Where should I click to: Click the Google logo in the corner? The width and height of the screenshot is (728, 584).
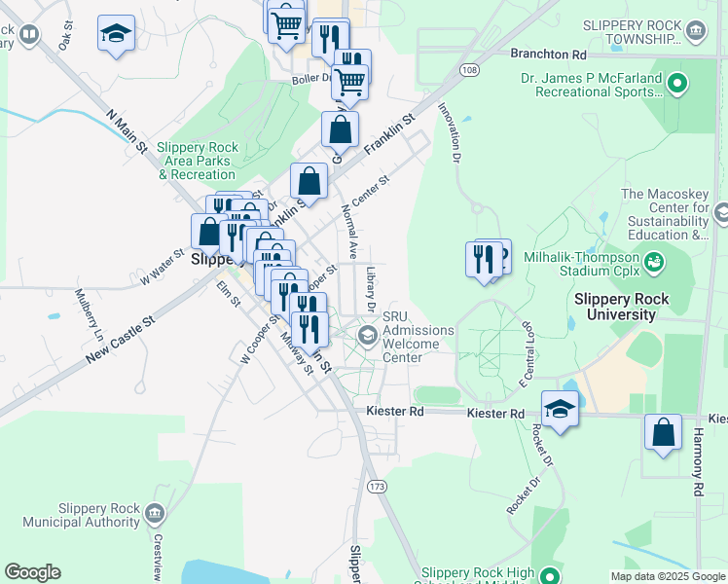point(32,572)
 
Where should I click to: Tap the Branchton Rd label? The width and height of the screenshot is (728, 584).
point(552,55)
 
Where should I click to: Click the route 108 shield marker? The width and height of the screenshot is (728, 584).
point(469,70)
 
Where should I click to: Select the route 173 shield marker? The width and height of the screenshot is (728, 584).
point(376,486)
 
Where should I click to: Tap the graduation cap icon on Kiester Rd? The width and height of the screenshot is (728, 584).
point(560,408)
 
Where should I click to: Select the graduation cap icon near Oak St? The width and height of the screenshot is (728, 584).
point(116,33)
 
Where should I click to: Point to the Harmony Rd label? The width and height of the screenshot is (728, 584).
point(698,462)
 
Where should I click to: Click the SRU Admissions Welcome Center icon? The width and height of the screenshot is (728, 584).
point(368,336)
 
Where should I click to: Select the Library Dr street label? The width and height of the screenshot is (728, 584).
point(371,289)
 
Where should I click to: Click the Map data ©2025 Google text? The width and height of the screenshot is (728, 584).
point(668,576)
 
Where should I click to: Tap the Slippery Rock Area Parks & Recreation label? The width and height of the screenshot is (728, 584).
point(197,161)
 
